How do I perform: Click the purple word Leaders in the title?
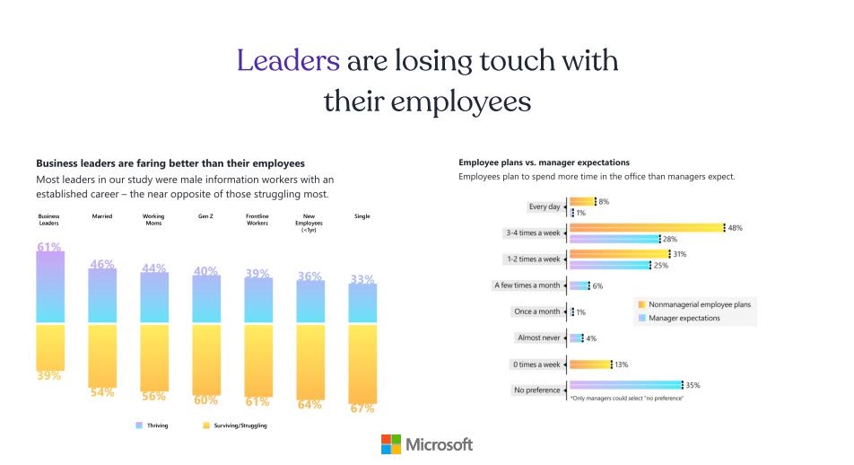point(288,61)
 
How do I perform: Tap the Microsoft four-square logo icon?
point(391,443)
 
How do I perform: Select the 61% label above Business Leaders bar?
point(49,247)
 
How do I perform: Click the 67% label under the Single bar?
point(362,408)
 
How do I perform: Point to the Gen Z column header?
point(206,216)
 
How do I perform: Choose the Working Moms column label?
point(153,219)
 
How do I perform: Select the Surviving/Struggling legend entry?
point(235,426)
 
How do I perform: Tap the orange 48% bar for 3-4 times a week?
point(646,228)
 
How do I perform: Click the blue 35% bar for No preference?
point(625,385)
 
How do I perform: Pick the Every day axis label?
point(545,206)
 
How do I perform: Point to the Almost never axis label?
point(538,338)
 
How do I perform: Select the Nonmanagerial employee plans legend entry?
point(693,304)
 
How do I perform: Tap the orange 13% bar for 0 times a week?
point(590,364)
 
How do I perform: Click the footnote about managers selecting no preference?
point(626,398)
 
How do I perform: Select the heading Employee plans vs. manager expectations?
point(544,162)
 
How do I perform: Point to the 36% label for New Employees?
point(310,276)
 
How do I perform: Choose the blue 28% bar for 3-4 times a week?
point(614,239)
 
